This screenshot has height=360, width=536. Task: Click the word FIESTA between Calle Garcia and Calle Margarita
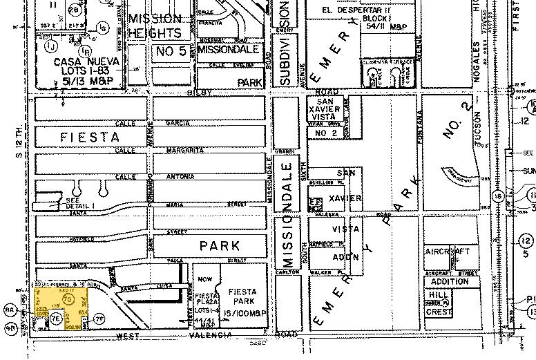(90, 137)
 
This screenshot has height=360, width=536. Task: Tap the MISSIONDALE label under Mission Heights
(228, 50)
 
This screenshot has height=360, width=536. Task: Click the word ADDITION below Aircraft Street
(449, 281)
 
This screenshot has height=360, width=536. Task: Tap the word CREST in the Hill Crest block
(439, 312)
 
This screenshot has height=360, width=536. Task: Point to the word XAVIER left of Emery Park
(345, 199)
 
